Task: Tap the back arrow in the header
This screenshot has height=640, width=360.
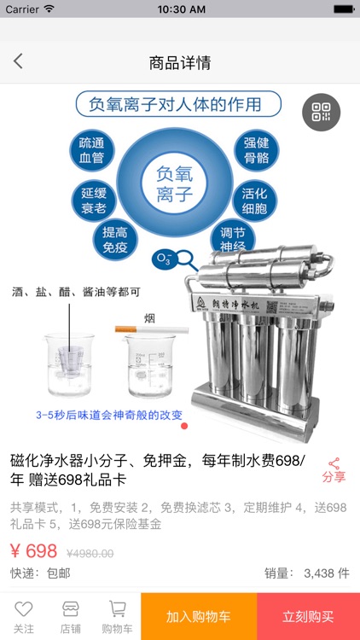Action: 18,61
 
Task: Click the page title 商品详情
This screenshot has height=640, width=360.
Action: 180,62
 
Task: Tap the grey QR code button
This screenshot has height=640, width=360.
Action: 321,112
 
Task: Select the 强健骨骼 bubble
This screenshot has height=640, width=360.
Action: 256,149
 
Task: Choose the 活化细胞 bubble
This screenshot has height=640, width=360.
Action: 255,199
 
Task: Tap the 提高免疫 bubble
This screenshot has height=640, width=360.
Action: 115,240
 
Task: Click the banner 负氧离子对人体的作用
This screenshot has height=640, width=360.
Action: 178,105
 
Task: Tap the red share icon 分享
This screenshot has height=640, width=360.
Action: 334,469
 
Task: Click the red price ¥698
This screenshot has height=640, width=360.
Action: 34,550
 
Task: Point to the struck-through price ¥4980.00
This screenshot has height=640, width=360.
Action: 90,553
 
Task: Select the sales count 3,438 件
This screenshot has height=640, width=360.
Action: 326,573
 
